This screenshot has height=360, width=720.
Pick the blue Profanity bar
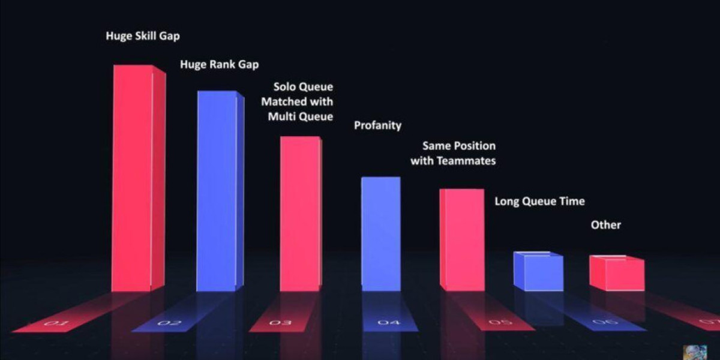pos(380,233)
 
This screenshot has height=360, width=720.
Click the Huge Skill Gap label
pos(143,36)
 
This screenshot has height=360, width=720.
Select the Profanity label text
pos(377,125)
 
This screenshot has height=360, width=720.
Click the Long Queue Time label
pos(539,202)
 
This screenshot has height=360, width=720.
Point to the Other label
pos(606,225)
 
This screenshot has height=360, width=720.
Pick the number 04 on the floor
pos(388,323)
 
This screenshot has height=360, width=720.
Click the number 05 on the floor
pos(500,323)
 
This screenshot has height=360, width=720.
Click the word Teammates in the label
pos(467,161)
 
